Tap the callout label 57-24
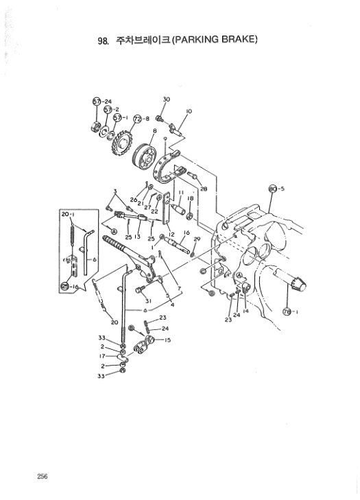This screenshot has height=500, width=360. click(102, 102)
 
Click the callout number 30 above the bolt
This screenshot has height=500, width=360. click(166, 99)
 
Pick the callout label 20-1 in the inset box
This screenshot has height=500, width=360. click(69, 215)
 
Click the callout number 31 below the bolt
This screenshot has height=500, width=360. click(147, 300)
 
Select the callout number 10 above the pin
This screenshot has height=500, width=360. click(189, 110)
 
